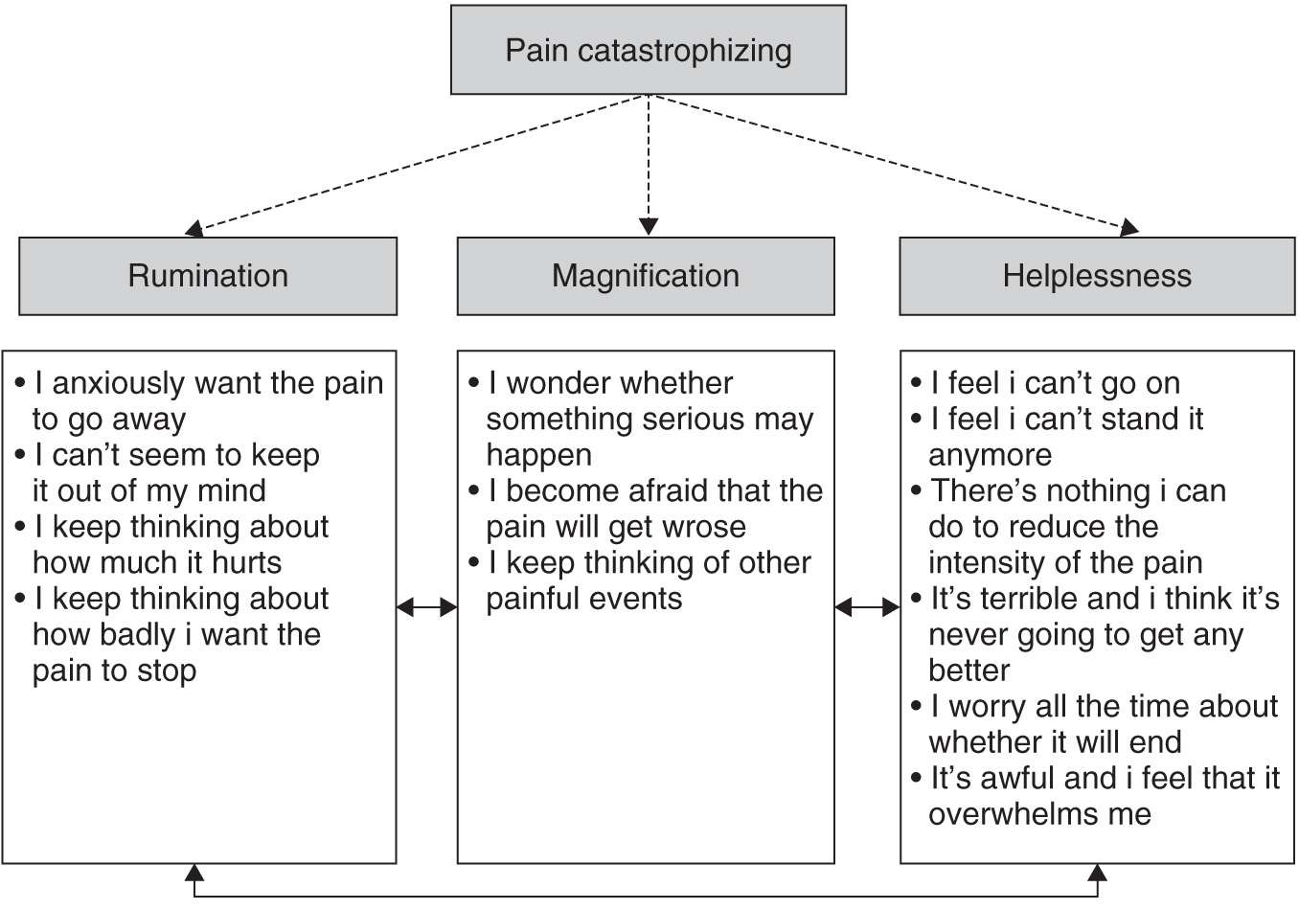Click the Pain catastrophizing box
pos(649,50)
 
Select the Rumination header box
pos(208,276)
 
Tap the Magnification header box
pos(646,276)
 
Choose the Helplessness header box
pos(1097,276)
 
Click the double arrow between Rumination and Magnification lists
pos(427,606)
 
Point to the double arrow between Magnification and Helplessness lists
pos(867,606)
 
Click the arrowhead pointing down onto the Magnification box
pos(649,227)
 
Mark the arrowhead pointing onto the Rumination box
pos(194,229)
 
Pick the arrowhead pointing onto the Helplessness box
pos(1129,228)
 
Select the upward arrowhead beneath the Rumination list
pos(194,872)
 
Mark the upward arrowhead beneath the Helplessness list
pos(1098,872)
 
